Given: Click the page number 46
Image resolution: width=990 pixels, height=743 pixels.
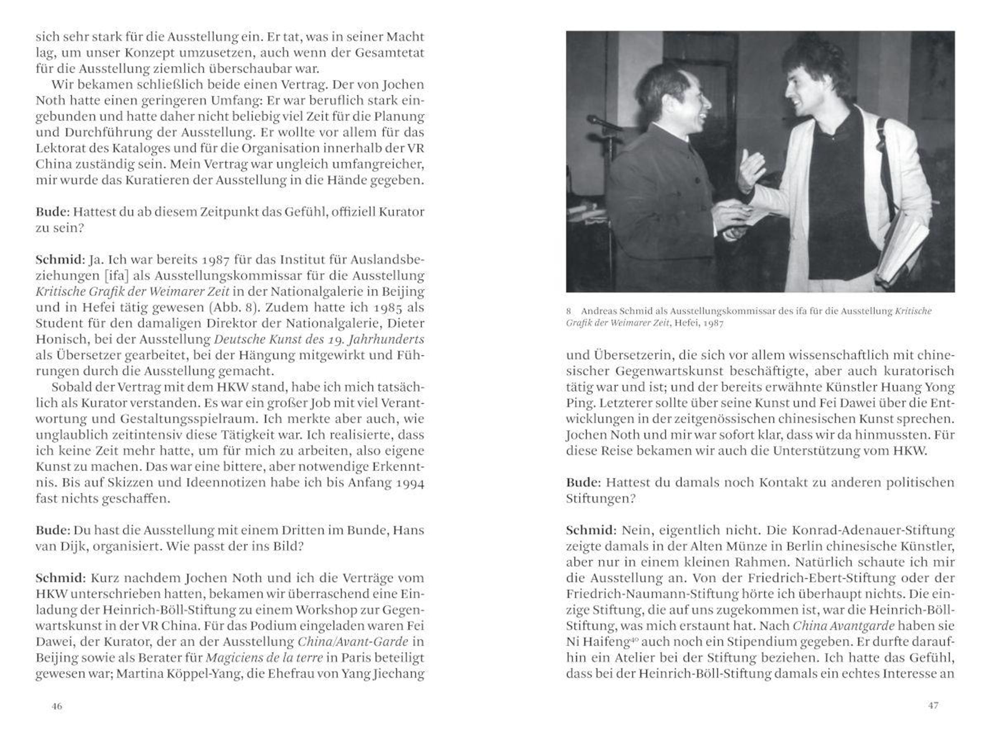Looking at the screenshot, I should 57,706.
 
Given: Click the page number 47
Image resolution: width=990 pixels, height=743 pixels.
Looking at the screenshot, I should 933,705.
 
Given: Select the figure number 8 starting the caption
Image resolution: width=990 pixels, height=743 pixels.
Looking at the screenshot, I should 568,311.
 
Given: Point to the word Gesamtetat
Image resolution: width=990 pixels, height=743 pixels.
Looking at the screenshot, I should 389,52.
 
